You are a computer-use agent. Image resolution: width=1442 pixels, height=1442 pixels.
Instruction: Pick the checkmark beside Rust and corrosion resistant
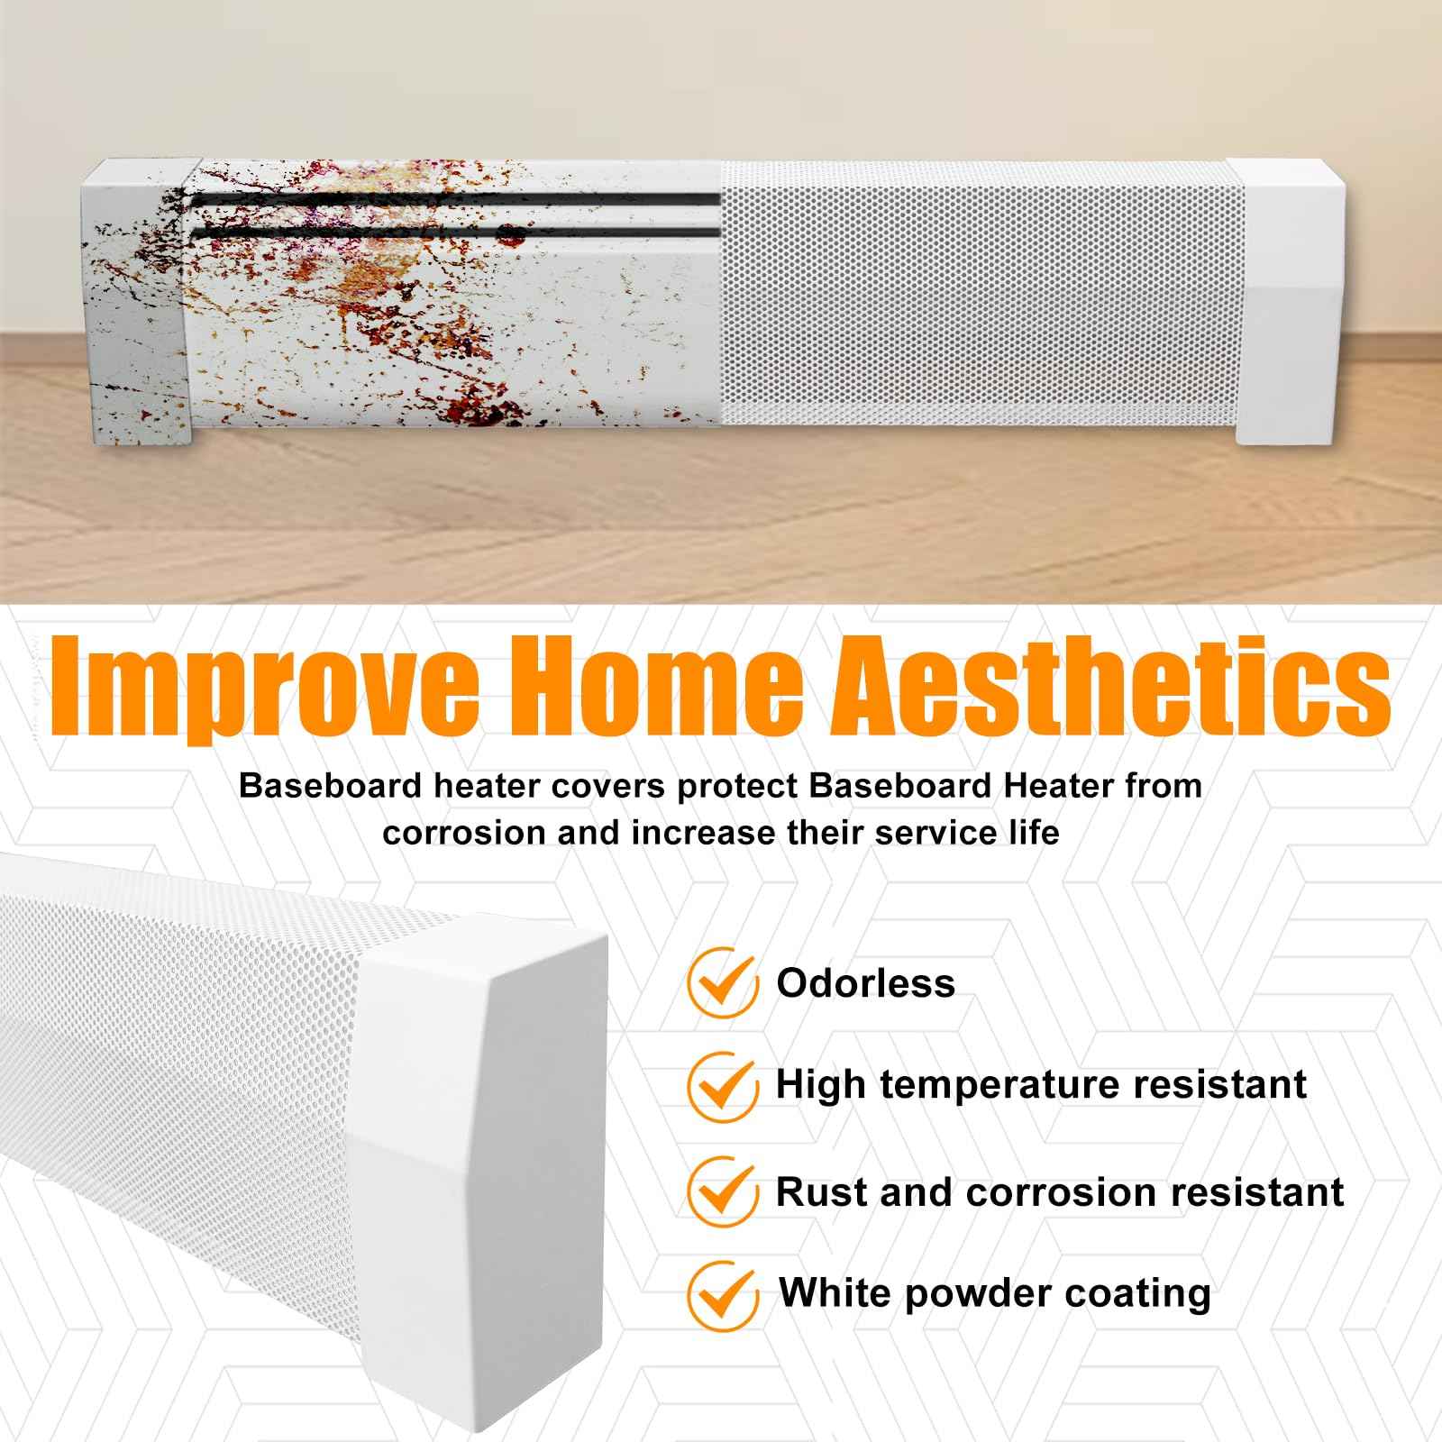(721, 1191)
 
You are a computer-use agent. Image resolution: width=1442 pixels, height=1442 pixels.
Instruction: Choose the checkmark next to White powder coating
(721, 1293)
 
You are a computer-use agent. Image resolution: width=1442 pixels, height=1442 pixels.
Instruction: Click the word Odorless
(865, 982)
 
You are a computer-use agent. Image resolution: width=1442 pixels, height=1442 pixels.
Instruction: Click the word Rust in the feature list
(820, 1191)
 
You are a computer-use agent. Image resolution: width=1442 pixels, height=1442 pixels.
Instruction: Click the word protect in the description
(739, 787)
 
